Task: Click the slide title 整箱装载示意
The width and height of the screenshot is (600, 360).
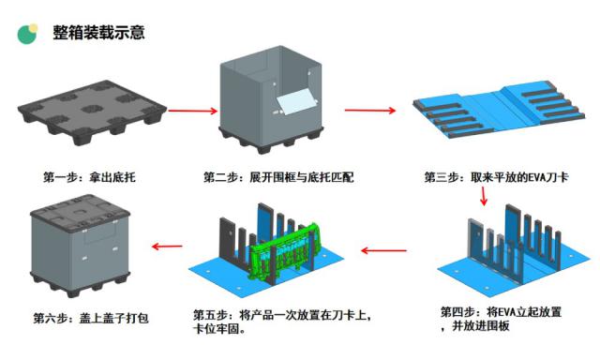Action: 98,32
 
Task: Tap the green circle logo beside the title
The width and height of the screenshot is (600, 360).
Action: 27,34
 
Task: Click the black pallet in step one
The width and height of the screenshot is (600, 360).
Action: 92,112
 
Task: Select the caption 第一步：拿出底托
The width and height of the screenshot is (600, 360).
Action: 89,177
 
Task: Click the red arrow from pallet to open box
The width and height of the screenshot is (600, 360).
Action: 193,111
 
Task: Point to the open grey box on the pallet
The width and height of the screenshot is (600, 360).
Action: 271,99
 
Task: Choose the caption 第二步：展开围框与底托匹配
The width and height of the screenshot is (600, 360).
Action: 278,177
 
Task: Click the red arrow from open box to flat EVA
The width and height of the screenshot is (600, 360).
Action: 370,111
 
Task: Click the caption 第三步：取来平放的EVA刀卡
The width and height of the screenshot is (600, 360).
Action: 496,177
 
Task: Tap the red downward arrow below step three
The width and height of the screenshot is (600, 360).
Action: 484,196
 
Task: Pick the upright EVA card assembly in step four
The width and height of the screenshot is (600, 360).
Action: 513,251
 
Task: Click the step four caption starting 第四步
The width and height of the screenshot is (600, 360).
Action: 501,319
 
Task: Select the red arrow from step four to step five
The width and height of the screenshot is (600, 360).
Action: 383,251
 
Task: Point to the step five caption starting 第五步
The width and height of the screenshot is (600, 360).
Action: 283,322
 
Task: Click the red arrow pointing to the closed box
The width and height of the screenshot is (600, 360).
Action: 167,246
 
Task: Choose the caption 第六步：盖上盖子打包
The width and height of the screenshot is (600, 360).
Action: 91,319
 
